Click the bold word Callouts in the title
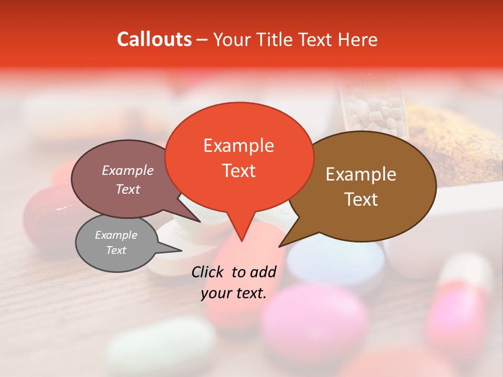coord(154,39)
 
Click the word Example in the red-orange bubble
coord(238,146)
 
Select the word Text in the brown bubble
coord(362,199)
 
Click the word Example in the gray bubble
coord(116,235)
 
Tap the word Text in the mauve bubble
coord(128,190)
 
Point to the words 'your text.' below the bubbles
coord(234,293)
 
